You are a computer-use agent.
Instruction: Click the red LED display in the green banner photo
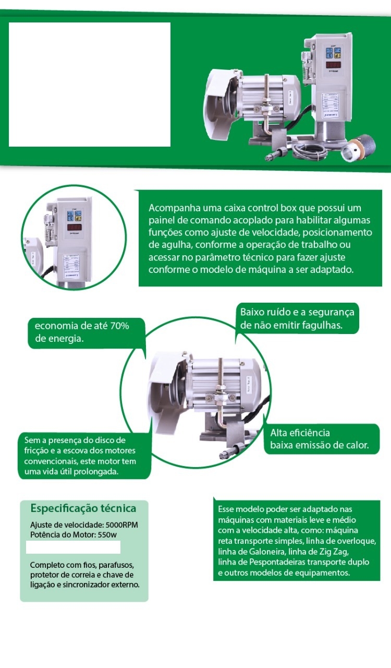tap(334, 65)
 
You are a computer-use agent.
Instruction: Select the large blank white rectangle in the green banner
tap(90, 85)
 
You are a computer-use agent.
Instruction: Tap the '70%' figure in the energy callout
tap(119, 326)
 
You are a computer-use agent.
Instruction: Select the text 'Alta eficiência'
tap(300, 433)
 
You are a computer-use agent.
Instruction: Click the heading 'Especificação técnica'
tap(83, 508)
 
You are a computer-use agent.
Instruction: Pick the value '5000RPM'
tap(122, 525)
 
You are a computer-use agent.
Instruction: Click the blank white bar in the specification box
tap(74, 547)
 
